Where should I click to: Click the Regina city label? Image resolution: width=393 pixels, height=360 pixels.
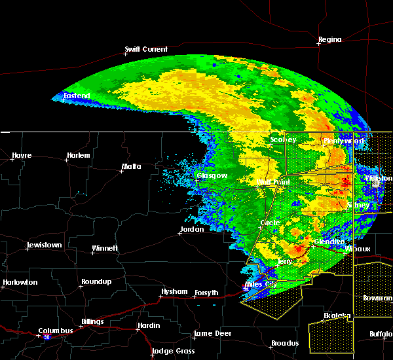[329, 40]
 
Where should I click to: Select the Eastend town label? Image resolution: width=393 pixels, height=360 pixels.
[76, 96]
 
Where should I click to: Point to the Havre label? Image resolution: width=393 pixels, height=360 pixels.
[22, 155]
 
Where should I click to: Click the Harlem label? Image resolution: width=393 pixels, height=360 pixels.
[78, 155]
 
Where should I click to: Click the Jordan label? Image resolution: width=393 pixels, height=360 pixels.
[192, 229]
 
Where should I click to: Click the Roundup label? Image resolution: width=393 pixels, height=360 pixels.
[96, 281]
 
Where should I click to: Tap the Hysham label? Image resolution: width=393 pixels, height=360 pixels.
[175, 291]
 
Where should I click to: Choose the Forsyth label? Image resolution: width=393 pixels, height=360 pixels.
[205, 293]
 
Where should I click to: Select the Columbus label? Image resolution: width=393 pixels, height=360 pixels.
[56, 331]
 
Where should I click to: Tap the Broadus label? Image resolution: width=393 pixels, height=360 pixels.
[286, 343]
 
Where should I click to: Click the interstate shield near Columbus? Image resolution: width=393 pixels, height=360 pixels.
[47, 337]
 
